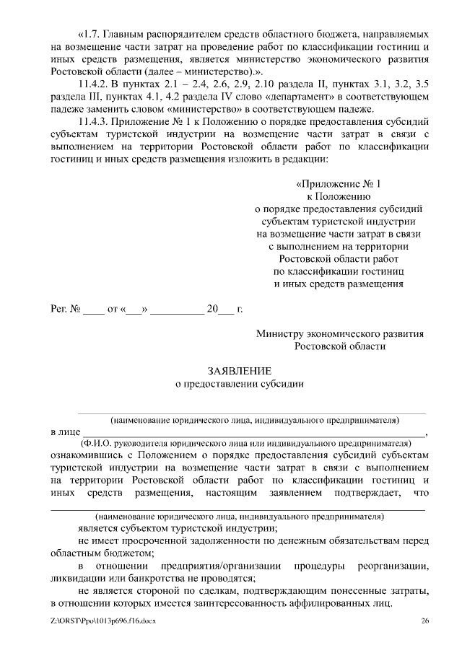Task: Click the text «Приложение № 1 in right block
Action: (x=339, y=183)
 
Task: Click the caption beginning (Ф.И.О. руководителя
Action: (x=245, y=443)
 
